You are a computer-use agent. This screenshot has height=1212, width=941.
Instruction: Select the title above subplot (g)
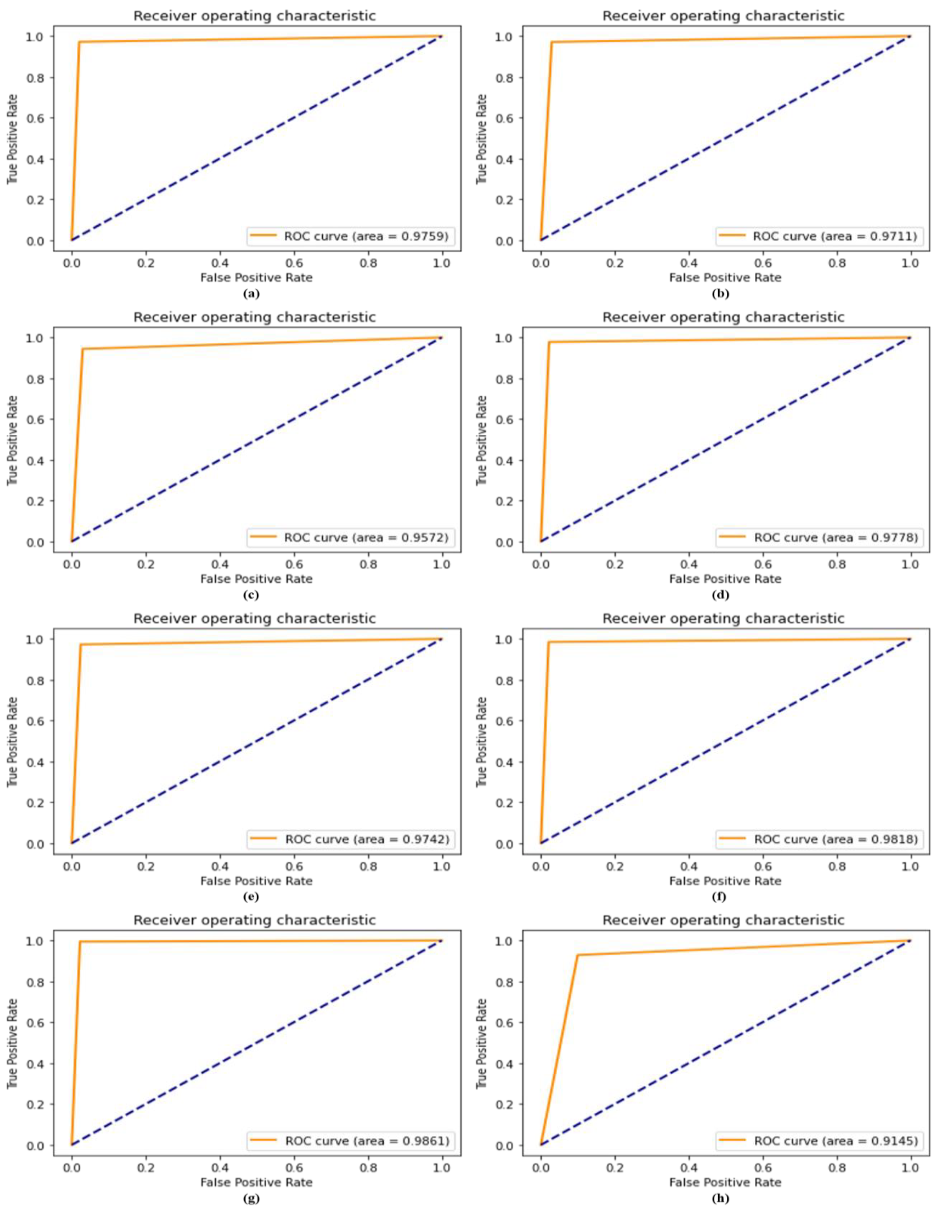255,920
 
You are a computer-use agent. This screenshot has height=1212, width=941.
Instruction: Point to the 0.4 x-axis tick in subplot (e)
220,866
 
